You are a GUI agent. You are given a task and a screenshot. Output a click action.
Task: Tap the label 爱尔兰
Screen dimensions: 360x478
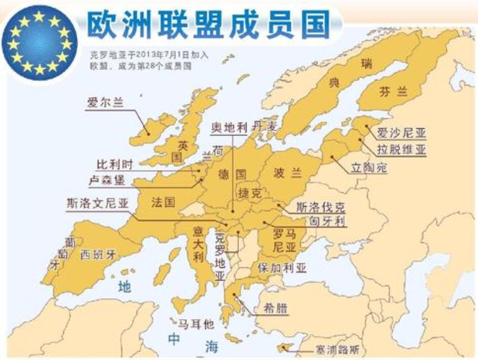pyautogui.click(x=105, y=103)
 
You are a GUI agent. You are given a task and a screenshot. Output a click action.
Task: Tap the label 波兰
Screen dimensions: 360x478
pyautogui.click(x=287, y=173)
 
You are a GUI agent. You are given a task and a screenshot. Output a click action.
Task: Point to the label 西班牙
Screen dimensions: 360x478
pyautogui.click(x=98, y=254)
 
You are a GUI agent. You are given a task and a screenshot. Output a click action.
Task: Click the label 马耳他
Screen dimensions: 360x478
pyautogui.click(x=196, y=324)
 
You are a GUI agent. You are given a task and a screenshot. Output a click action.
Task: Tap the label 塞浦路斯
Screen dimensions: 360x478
pyautogui.click(x=349, y=350)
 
